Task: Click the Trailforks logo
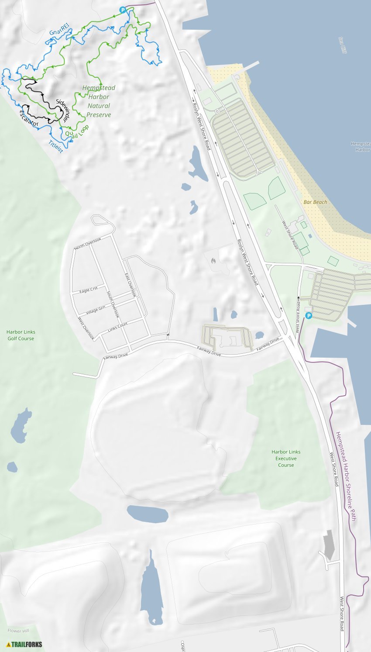pos(24,644)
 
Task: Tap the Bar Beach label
pos(315,202)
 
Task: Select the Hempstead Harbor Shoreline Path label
pos(346,476)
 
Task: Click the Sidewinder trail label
pos(62,110)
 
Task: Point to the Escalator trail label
pos(29,118)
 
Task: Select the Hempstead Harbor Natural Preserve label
pos(99,101)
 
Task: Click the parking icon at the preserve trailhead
pos(123,10)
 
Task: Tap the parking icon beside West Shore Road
pos(309,316)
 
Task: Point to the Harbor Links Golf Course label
pos(21,335)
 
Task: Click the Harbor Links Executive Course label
pos(286,459)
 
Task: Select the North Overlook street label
pos(87,244)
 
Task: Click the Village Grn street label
pos(96,310)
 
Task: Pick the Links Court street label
pos(117,327)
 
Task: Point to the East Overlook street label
pos(130,285)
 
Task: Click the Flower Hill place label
pos(18,631)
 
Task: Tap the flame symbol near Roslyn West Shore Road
pos(213,261)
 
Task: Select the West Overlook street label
pos(86,328)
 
